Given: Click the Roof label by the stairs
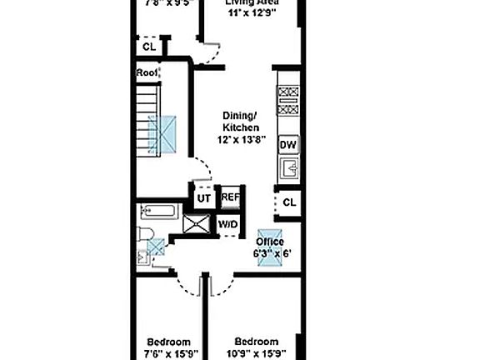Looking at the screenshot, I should [147, 72].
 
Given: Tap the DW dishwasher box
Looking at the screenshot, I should [287, 145].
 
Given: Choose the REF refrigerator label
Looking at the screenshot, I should [229, 198].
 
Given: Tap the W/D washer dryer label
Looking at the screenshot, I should [227, 225].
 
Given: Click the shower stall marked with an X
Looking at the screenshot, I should [197, 225].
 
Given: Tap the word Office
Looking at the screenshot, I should [269, 242].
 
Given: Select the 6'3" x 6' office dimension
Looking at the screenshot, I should [269, 252].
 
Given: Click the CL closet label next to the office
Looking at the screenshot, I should [288, 202].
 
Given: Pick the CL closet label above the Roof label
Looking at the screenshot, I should [149, 47].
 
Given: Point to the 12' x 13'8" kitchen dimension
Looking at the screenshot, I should [242, 140].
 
